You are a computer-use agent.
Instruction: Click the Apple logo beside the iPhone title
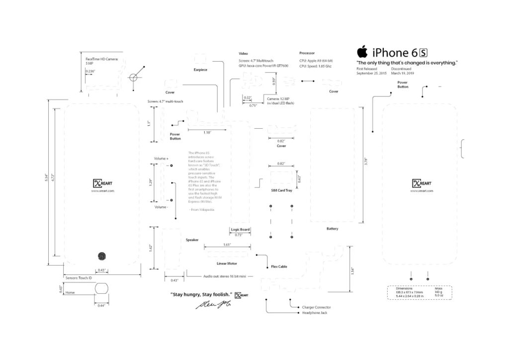[362, 52]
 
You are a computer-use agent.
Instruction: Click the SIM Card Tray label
[281, 191]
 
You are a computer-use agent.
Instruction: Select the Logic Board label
[240, 229]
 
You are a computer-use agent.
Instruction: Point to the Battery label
[333, 229]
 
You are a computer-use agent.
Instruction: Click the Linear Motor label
[227, 263]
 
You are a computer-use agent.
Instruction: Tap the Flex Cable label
[279, 267]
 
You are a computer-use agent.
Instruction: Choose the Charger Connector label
[316, 307]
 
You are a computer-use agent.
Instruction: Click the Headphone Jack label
[315, 313]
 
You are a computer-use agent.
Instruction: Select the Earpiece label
[200, 70]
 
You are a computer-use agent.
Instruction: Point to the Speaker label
[192, 240]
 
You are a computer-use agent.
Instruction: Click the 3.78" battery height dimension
[366, 161]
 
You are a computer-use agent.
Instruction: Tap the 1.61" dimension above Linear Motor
[227, 245]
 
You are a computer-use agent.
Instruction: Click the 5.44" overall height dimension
[47, 178]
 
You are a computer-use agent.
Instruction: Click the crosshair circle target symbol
[133, 77]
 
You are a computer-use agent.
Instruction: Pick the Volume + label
[161, 158]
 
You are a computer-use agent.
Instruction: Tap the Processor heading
[307, 53]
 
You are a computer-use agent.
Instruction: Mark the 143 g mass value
[438, 292]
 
